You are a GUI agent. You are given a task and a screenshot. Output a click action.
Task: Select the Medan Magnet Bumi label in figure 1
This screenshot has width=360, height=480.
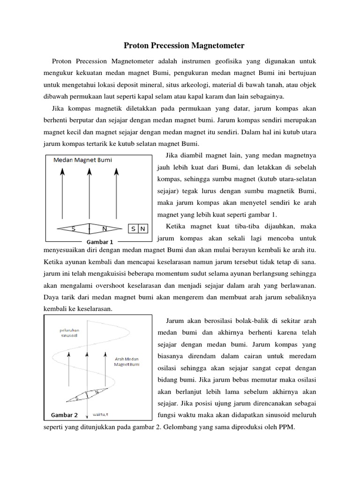(x=83, y=160)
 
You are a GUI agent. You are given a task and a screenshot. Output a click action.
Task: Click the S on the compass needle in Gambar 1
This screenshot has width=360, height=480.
(x=74, y=229)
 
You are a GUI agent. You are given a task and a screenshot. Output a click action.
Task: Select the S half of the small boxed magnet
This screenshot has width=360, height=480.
(x=134, y=229)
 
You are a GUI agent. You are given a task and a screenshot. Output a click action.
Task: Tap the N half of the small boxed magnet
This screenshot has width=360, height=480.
(x=143, y=229)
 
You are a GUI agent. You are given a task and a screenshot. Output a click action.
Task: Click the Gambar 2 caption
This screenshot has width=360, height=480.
(x=64, y=414)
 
